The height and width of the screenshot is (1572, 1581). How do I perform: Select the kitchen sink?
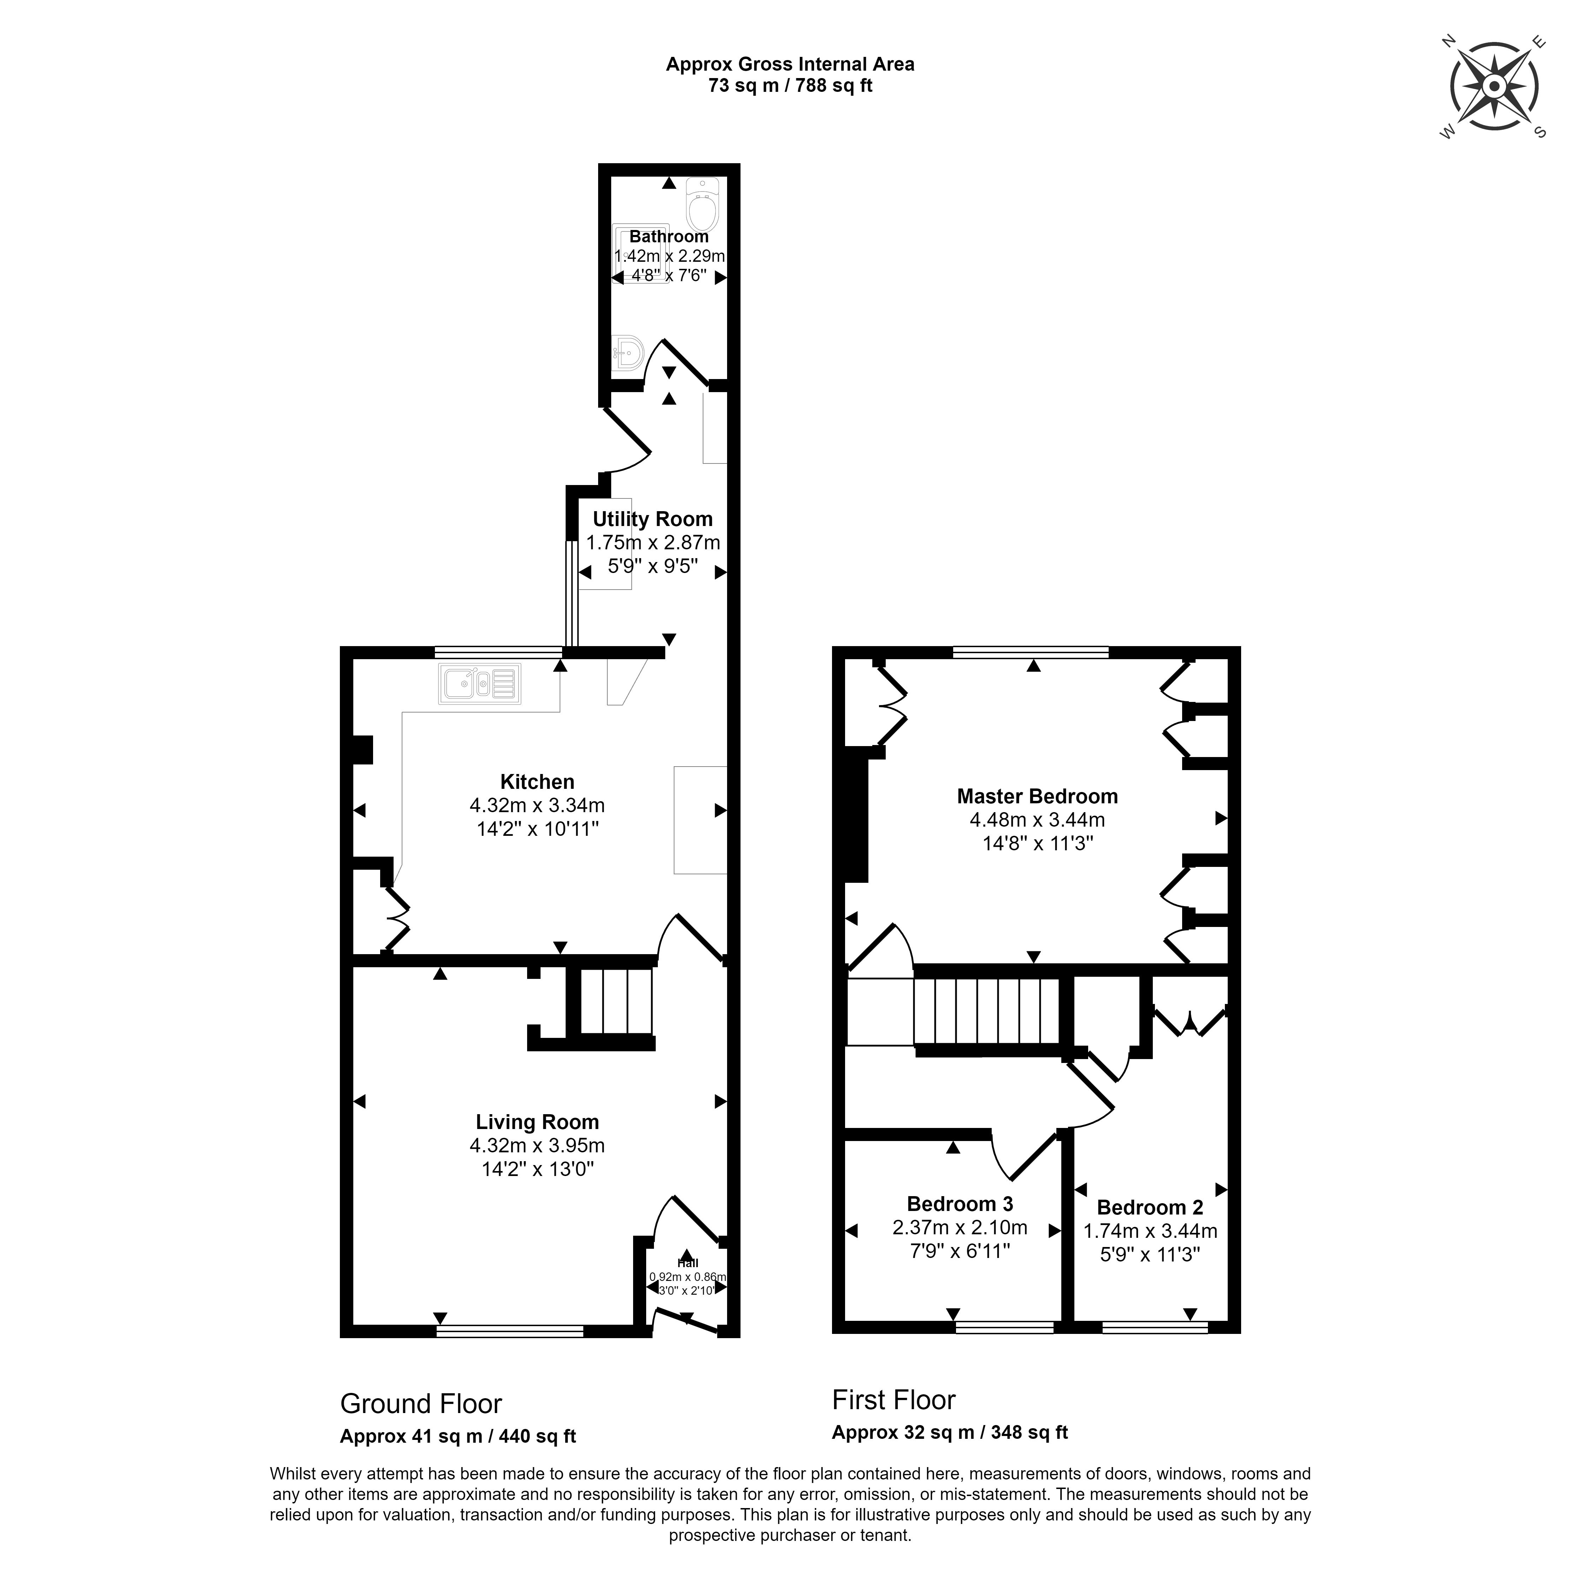[x=479, y=684]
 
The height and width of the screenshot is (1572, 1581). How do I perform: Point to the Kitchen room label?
[x=537, y=781]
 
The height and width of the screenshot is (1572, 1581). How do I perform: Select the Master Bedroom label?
[x=1037, y=796]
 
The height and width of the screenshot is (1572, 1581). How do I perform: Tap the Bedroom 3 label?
[x=960, y=1204]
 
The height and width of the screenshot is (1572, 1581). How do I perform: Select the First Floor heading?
[x=893, y=1400]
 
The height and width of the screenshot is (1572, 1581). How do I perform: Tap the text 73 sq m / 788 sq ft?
[x=791, y=85]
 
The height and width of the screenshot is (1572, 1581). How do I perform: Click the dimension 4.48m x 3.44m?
[x=1037, y=819]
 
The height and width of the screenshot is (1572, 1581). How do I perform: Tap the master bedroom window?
[x=1031, y=652]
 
